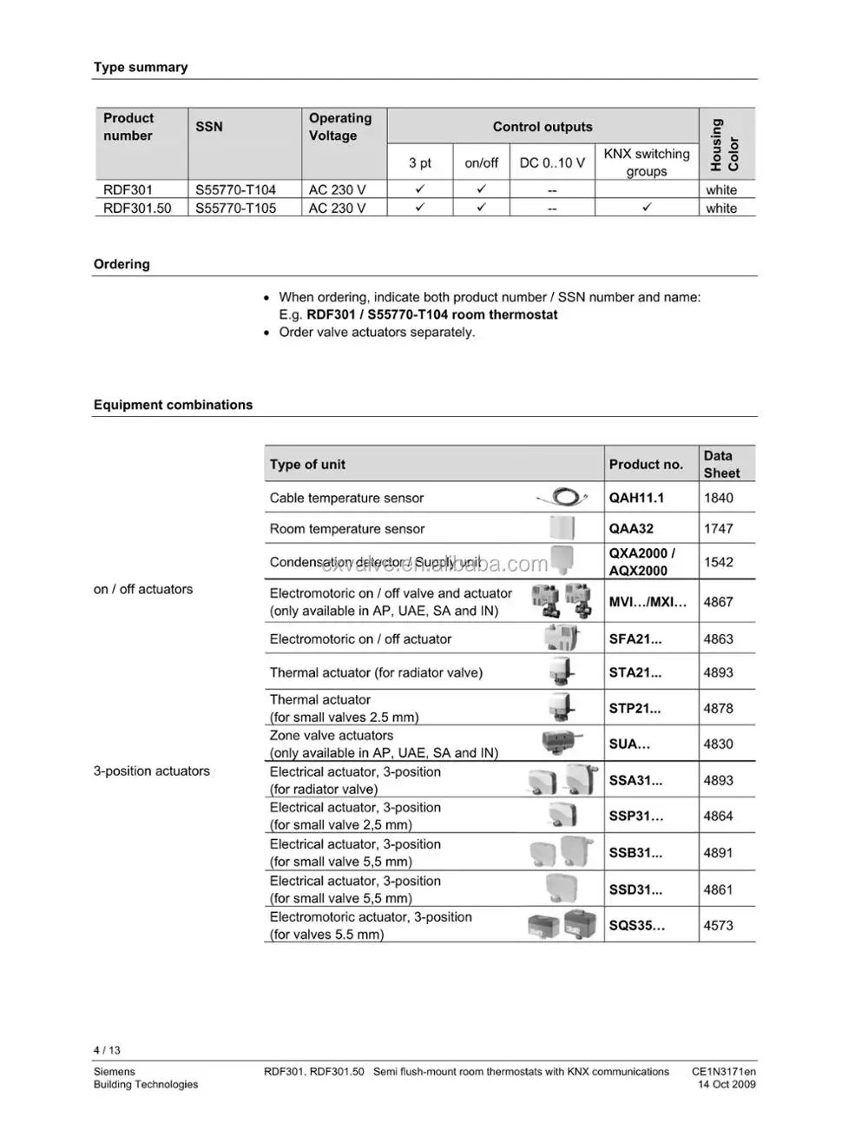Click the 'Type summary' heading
[x=141, y=68]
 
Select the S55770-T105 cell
[x=235, y=208]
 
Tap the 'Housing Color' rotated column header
[x=725, y=144]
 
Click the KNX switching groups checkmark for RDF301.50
[x=647, y=208]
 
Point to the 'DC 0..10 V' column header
[x=552, y=162]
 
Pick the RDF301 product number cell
[x=128, y=189]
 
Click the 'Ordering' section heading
[x=122, y=264]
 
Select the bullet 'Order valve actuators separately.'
[x=377, y=332]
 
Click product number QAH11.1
[x=636, y=498]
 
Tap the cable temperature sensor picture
[x=563, y=498]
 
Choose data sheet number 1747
[x=718, y=528]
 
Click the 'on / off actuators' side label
[x=143, y=589]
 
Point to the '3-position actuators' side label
[x=152, y=770]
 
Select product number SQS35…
[x=637, y=925]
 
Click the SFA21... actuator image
[x=562, y=638]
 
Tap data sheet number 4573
[x=718, y=925]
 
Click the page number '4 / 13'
[x=107, y=1050]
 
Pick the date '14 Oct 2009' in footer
[x=727, y=1084]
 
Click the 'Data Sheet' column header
[x=721, y=464]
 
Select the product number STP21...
[x=635, y=708]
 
